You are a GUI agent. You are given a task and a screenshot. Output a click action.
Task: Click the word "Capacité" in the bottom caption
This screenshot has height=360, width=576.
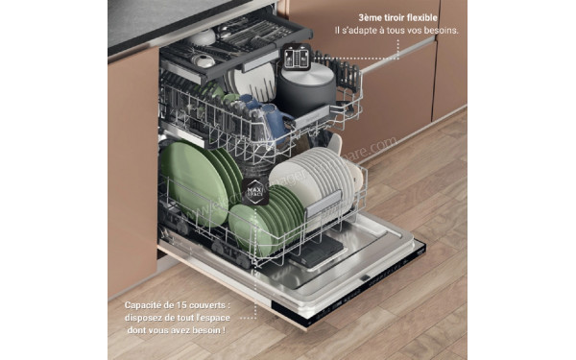click(x=146, y=305)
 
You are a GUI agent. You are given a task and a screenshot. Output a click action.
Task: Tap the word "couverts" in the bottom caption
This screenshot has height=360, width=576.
click(x=223, y=305)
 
